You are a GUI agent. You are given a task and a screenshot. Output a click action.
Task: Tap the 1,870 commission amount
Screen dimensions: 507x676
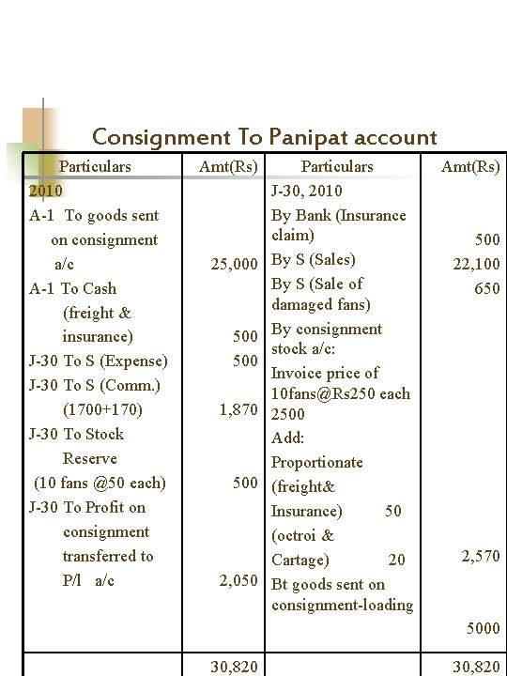pos(239,410)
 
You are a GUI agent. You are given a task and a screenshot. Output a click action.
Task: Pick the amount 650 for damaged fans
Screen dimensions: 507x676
pos(486,289)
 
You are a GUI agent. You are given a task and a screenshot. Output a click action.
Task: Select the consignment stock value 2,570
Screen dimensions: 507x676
pos(480,558)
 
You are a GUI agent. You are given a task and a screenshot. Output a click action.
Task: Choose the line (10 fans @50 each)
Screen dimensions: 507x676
pos(100,484)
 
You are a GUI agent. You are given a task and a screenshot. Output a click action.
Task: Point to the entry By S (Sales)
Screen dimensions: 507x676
pos(313,259)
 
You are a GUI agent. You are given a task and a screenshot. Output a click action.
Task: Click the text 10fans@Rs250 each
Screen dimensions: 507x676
pos(341,393)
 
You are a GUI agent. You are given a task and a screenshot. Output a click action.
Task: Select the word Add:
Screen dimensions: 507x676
pos(287,438)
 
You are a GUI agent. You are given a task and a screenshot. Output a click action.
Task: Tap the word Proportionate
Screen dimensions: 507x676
pos(316,463)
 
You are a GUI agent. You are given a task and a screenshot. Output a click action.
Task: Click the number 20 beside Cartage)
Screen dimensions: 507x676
pos(396,561)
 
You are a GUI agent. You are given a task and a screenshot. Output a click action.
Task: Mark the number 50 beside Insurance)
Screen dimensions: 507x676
pos(392,512)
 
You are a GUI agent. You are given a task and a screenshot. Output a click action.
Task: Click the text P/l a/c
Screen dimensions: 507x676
pos(87,581)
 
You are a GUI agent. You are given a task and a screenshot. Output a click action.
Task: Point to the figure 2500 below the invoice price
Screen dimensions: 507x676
pos(286,414)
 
